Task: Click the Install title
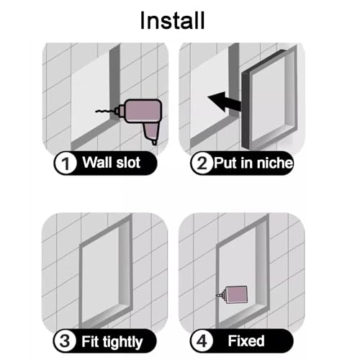172,21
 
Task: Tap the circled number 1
65,163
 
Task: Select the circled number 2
202,163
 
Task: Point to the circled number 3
65,341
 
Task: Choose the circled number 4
202,341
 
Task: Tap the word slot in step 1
128,163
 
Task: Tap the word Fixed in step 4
246,341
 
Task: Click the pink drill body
143,111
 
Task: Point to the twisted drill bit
105,111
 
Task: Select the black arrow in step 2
225,102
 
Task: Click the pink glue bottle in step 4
235,294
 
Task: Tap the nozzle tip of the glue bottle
217,295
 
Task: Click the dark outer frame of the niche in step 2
246,110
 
